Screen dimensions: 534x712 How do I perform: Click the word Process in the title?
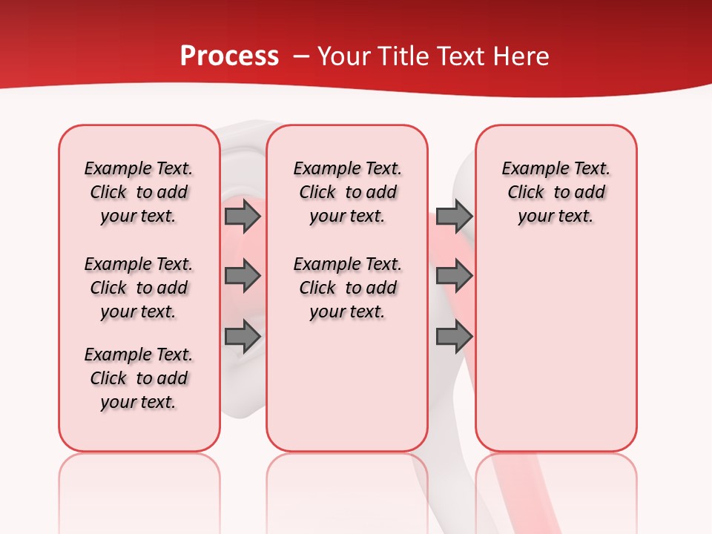pyautogui.click(x=229, y=56)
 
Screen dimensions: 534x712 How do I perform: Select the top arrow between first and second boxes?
pyautogui.click(x=243, y=216)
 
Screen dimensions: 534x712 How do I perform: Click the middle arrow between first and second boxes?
pyautogui.click(x=243, y=276)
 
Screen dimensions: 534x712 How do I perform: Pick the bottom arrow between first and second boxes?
pyautogui.click(x=243, y=337)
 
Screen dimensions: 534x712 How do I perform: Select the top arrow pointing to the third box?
pyautogui.click(x=454, y=216)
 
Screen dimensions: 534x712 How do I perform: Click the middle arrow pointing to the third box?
pyautogui.click(x=454, y=276)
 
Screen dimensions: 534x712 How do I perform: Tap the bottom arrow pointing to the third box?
pyautogui.click(x=454, y=337)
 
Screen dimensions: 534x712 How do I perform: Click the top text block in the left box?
pyautogui.click(x=139, y=192)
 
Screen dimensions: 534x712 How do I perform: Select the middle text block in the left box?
pyautogui.click(x=139, y=288)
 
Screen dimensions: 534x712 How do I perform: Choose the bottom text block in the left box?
pyautogui.click(x=139, y=378)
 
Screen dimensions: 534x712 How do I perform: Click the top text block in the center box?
pyautogui.click(x=348, y=192)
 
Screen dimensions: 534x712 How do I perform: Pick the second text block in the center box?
pyautogui.click(x=348, y=288)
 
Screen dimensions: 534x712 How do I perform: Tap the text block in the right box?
pyautogui.click(x=556, y=192)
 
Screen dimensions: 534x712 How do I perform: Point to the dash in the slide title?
pyautogui.click(x=301, y=56)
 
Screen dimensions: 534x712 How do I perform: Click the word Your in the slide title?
pyautogui.click(x=342, y=56)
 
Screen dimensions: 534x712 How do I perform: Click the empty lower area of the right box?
pyautogui.click(x=556, y=349)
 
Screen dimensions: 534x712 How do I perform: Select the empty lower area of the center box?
pyautogui.click(x=347, y=386)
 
